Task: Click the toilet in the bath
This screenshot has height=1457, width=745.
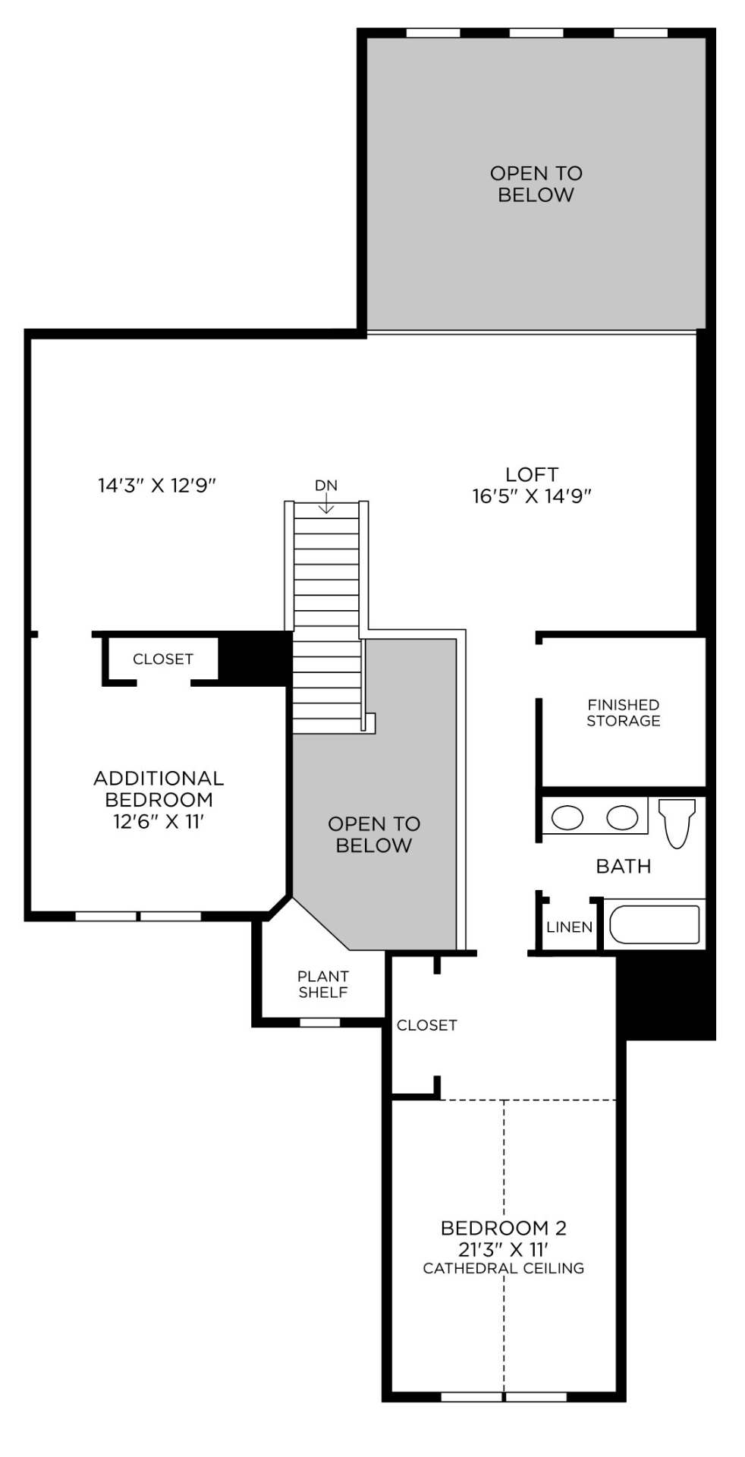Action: [x=677, y=821]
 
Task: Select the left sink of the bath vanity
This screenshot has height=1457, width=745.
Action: [x=567, y=817]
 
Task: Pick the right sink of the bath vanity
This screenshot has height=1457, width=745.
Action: [x=622, y=817]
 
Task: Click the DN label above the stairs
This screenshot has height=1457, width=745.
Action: [x=326, y=486]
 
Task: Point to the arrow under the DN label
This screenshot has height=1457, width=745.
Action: [x=326, y=503]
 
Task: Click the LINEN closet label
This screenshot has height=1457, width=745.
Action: [x=570, y=927]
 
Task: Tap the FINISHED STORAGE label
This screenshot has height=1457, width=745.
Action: [x=624, y=713]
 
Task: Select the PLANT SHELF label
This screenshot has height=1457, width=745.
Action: [x=323, y=984]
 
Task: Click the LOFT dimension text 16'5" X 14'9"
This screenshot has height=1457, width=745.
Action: [x=532, y=496]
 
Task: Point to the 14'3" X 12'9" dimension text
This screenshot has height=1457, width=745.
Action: [x=158, y=486]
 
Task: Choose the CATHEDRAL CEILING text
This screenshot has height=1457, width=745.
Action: [x=504, y=1268]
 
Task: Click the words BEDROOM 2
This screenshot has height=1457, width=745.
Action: [x=504, y=1228]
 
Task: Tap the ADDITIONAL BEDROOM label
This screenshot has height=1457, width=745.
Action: [x=159, y=788]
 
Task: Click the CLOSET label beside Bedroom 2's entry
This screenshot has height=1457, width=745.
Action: [x=427, y=1025]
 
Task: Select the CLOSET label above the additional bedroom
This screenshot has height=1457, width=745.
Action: [x=163, y=659]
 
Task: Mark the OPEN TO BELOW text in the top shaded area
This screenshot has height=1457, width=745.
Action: [x=536, y=184]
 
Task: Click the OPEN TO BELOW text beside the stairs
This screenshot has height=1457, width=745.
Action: [x=374, y=835]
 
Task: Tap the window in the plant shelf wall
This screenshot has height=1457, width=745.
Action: [x=320, y=1022]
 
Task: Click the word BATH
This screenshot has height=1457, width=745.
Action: [x=624, y=867]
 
